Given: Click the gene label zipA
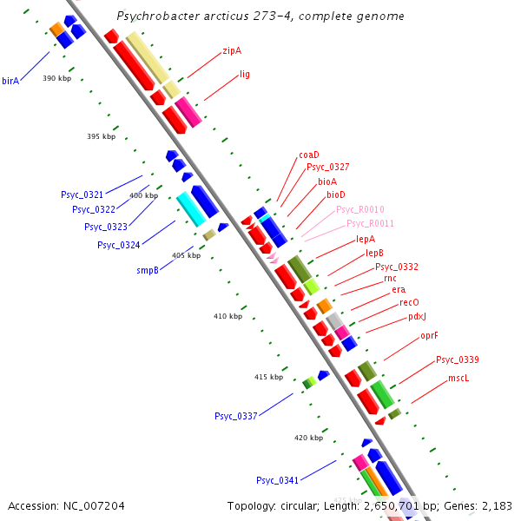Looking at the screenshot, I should [x=232, y=51].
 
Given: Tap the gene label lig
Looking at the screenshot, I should [x=245, y=75].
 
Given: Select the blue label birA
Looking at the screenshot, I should [x=10, y=81].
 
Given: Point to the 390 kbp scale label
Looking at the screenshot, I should [x=56, y=79].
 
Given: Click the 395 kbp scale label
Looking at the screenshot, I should [x=101, y=136].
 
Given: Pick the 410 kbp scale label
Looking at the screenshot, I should [x=228, y=316].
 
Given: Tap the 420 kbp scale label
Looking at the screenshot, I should [x=308, y=438].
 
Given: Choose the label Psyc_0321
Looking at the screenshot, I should [x=82, y=195].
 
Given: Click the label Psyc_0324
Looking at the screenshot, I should [x=118, y=245].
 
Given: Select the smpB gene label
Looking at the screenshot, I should [x=148, y=270].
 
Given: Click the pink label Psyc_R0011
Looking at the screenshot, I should [x=371, y=224].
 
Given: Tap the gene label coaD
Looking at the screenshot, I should [x=309, y=155].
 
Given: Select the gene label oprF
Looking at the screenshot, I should [x=429, y=335].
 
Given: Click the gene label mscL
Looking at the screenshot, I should [x=458, y=379].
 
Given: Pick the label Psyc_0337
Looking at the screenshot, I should [x=236, y=417].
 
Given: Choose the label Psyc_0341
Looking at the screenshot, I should [x=277, y=480].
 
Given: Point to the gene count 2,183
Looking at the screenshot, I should [x=496, y=505].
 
